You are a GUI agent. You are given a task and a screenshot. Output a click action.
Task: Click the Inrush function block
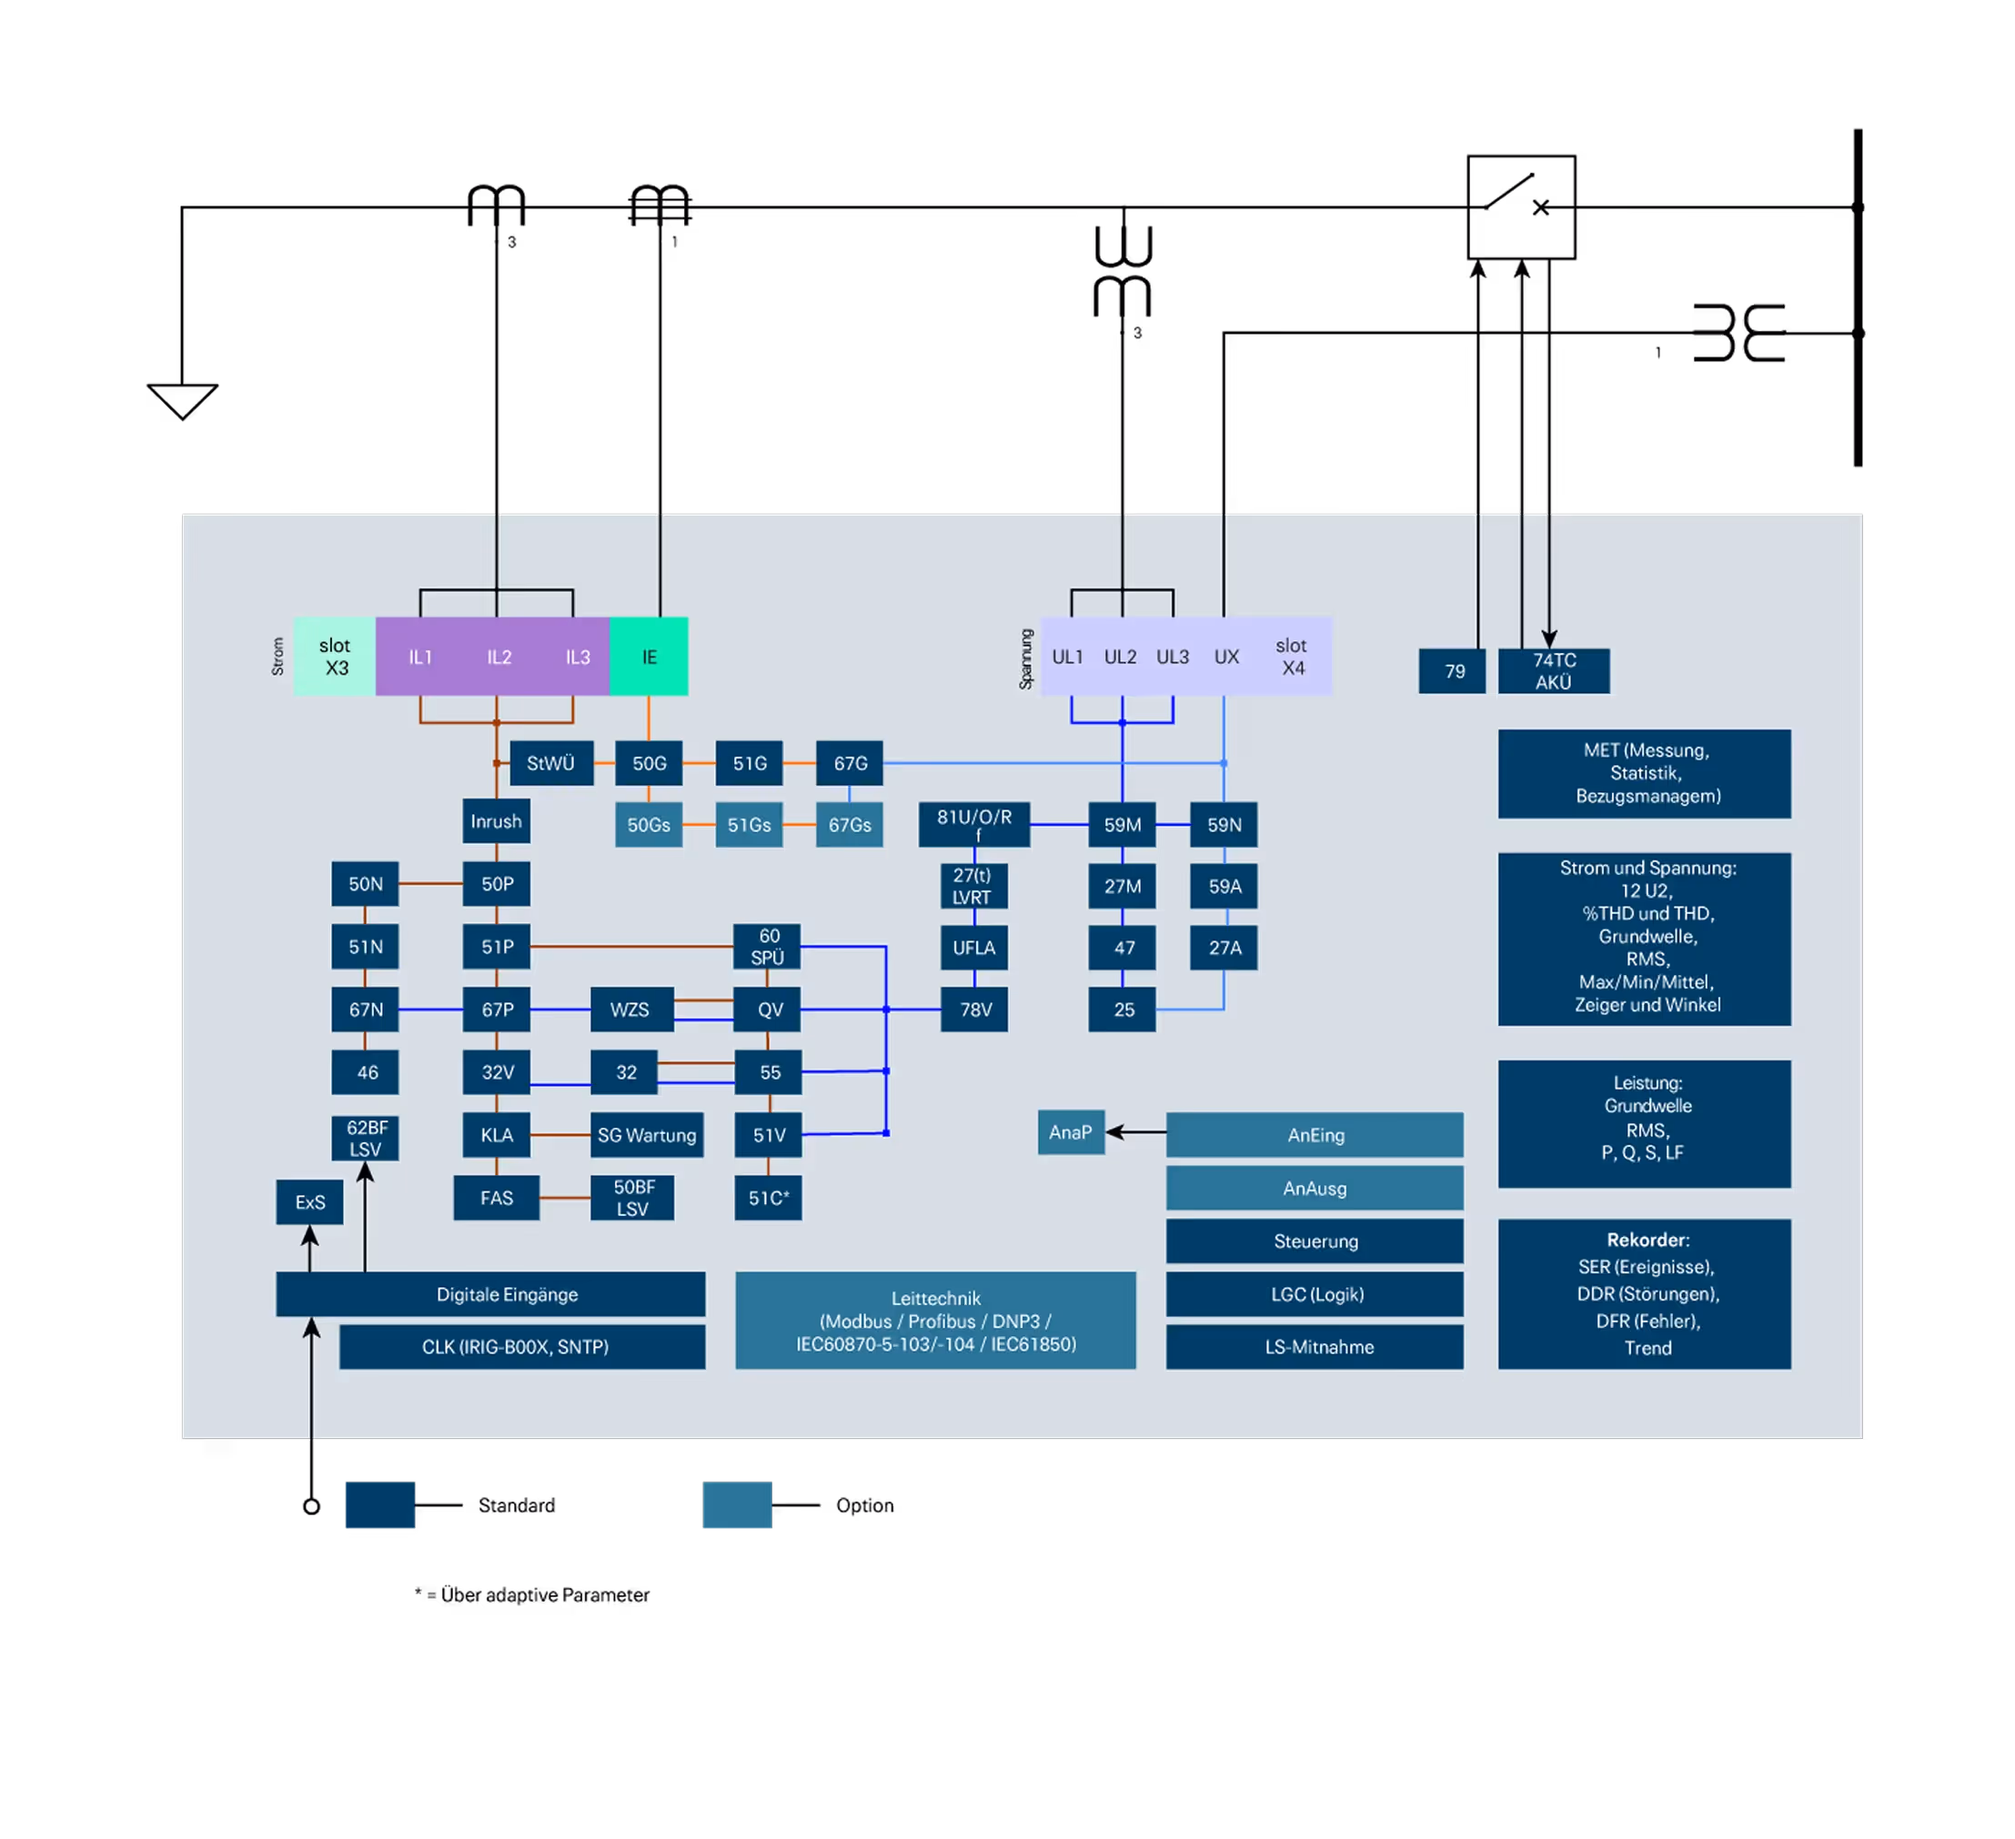(x=496, y=820)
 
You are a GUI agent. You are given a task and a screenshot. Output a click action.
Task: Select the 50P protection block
(x=497, y=883)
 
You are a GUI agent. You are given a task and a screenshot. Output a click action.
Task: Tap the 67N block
(x=365, y=1010)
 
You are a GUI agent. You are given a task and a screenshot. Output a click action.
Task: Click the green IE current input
(x=649, y=657)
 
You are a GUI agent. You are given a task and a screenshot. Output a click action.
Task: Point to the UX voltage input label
(x=1226, y=657)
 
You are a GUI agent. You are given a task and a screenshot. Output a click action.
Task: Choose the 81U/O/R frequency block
(x=974, y=825)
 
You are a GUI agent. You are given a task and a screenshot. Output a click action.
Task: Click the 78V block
(x=974, y=1010)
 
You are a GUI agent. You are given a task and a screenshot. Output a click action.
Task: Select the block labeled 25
(x=1123, y=1010)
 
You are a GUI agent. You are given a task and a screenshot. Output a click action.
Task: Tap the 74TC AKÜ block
(x=1553, y=670)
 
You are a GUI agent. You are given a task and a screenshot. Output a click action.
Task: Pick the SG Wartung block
(x=647, y=1135)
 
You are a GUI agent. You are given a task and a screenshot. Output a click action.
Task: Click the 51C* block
(x=769, y=1197)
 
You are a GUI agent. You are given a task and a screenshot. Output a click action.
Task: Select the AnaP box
(x=1071, y=1132)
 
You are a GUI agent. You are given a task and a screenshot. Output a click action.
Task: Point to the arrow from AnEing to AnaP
(x=1135, y=1132)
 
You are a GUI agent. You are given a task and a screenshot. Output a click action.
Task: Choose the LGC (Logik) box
(x=1315, y=1294)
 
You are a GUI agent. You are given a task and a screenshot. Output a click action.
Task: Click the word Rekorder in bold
(x=1647, y=1240)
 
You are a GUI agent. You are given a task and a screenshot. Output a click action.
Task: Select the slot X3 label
(x=335, y=657)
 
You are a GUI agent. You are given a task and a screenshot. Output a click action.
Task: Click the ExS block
(x=310, y=1201)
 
